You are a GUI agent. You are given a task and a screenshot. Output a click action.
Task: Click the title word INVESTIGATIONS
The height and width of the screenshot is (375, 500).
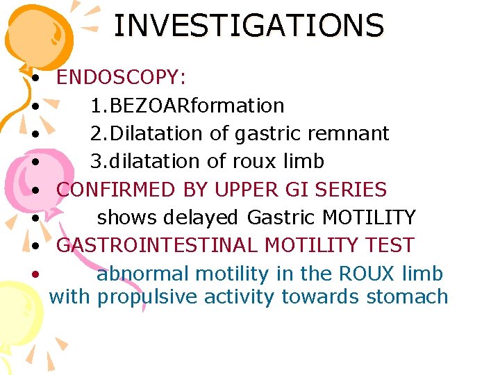tap(248, 26)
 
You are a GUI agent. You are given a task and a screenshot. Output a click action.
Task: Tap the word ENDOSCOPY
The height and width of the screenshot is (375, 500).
tap(120, 77)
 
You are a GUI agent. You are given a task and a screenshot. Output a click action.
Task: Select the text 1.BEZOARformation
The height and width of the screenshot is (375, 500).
tap(187, 106)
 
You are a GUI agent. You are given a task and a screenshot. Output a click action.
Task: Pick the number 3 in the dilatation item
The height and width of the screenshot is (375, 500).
tap(97, 161)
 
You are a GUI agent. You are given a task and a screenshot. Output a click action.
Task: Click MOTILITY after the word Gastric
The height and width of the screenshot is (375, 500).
tap(369, 217)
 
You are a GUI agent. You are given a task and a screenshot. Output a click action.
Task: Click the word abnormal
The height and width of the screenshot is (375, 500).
tap(143, 274)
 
